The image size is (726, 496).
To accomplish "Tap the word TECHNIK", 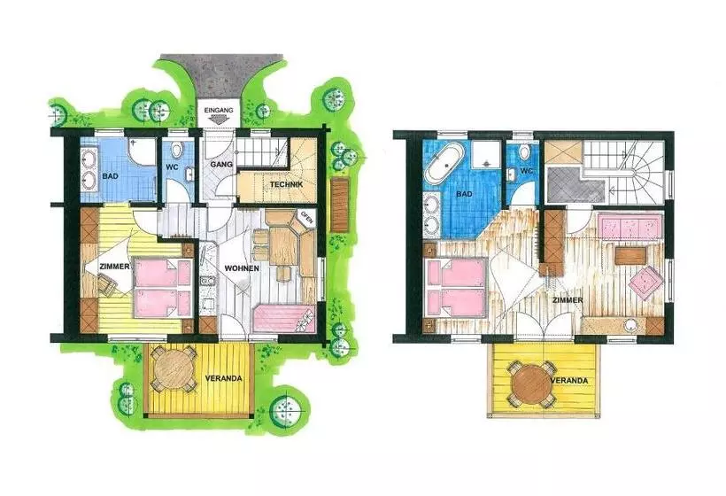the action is (286, 184).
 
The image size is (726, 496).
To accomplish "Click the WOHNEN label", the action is (242, 268).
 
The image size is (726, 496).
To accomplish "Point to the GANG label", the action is (221, 165).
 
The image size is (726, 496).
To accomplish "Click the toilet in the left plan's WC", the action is (176, 150).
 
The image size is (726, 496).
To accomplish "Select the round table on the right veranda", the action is (531, 384).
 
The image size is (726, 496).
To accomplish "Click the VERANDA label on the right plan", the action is (569, 381).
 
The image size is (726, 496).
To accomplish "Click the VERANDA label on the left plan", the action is (224, 378).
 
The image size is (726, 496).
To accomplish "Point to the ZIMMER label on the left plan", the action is (114, 267).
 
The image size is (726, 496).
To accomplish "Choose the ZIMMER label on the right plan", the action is (568, 300).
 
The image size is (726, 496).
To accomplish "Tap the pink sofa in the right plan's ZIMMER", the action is (630, 226).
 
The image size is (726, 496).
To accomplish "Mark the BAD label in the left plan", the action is (111, 176).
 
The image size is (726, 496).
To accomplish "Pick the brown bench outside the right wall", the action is (340, 205).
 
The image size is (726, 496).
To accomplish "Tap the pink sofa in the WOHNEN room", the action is (284, 319).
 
